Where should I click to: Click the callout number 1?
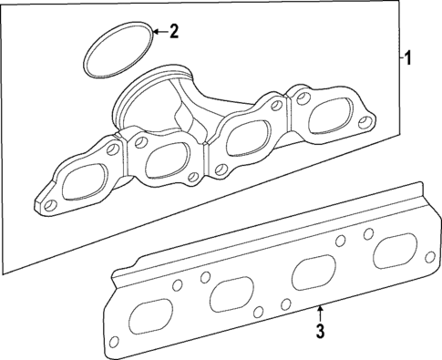tap(409, 59)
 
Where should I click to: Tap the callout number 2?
tap(174, 31)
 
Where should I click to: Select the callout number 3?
tap(321, 331)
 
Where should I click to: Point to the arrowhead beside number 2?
tap(155, 32)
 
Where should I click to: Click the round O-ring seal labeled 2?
tap(118, 53)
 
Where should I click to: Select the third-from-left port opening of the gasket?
tap(310, 273)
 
